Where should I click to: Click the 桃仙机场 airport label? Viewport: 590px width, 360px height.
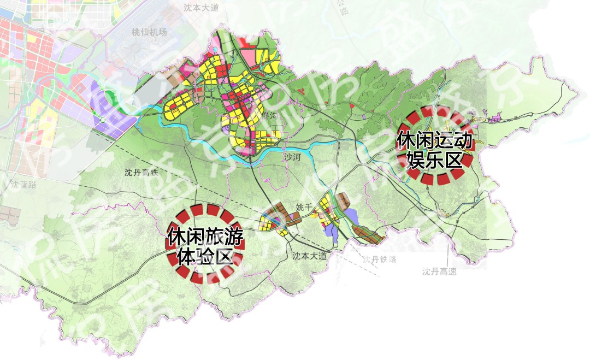(x=149, y=32)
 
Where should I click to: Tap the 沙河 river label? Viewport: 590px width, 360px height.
(x=292, y=157)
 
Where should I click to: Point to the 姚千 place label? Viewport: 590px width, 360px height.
(x=304, y=207)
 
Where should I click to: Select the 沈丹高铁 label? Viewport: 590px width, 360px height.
(x=140, y=173)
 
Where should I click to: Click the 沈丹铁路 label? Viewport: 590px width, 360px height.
(x=381, y=259)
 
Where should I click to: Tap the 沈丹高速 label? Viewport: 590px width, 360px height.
(x=439, y=272)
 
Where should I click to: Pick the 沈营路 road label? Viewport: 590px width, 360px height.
(x=23, y=184)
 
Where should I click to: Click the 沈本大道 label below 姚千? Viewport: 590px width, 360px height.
(x=309, y=256)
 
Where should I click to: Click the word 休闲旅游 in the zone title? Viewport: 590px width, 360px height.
(x=205, y=238)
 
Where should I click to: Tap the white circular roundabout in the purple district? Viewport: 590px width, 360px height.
(x=102, y=120)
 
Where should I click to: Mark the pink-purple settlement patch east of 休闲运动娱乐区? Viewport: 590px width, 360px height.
(x=496, y=118)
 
